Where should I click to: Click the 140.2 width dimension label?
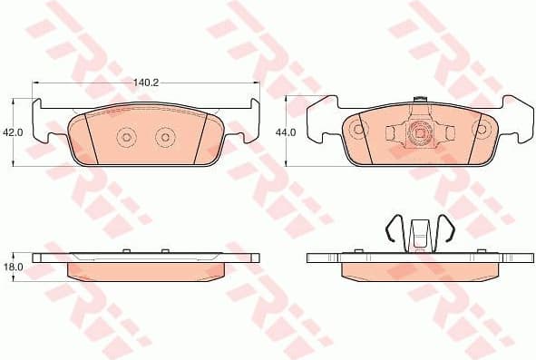click(145, 83)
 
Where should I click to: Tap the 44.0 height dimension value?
click(286, 132)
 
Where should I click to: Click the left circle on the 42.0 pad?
click(126, 137)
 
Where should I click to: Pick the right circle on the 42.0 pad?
click(164, 137)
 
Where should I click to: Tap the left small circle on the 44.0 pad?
click(358, 129)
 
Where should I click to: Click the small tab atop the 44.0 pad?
click(420, 100)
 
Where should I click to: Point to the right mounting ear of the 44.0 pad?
click(518, 122)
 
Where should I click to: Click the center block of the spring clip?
click(419, 234)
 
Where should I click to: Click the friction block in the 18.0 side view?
click(147, 271)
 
